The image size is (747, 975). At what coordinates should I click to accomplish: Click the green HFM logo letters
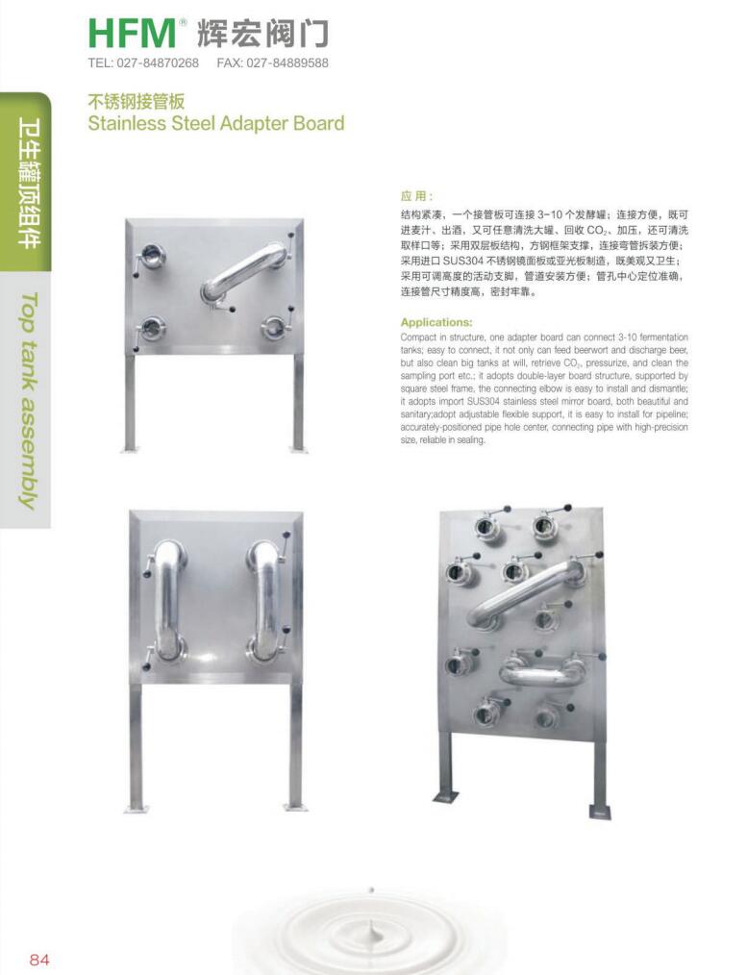click(x=133, y=34)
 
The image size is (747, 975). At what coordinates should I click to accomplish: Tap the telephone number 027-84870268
click(x=158, y=62)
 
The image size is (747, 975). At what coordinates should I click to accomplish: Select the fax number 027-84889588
click(x=287, y=62)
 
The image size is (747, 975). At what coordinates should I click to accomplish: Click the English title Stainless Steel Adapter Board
click(x=215, y=122)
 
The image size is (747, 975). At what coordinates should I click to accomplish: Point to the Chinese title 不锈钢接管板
click(x=137, y=101)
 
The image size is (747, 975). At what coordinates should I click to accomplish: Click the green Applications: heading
click(x=436, y=322)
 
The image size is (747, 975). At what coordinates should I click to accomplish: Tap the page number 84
click(x=39, y=960)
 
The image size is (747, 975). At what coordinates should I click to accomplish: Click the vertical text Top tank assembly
click(x=28, y=401)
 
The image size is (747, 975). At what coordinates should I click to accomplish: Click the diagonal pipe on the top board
click(x=243, y=274)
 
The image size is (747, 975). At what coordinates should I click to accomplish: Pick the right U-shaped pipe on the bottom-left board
click(x=263, y=600)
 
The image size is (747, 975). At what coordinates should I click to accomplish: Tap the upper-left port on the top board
click(x=151, y=254)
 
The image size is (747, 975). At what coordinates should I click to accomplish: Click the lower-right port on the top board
click(x=273, y=326)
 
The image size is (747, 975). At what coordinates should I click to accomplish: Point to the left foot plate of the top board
click(x=129, y=448)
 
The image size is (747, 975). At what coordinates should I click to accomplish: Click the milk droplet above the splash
click(x=372, y=890)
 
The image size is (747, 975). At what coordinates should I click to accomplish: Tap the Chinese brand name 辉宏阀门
click(x=262, y=34)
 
